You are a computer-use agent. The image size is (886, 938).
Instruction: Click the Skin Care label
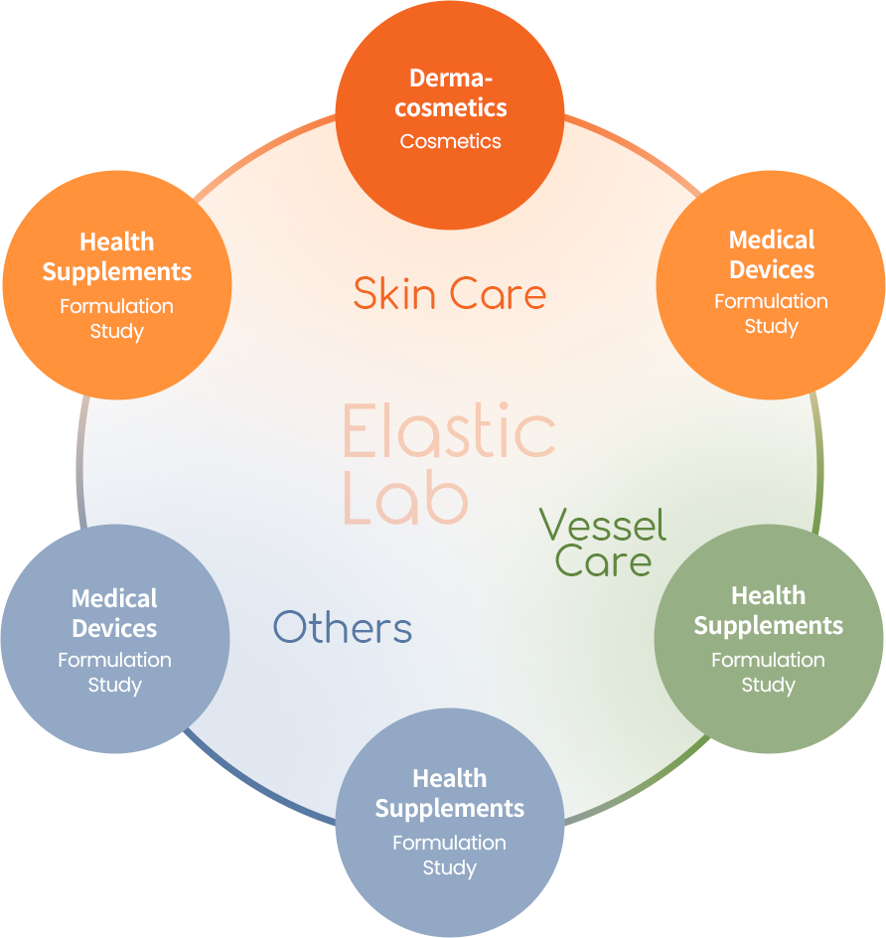pyautogui.click(x=449, y=294)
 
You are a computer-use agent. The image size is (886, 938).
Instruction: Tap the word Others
pyautogui.click(x=343, y=628)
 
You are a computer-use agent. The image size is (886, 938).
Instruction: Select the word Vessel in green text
pyautogui.click(x=602, y=525)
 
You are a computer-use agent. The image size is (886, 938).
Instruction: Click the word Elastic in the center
pyautogui.click(x=449, y=431)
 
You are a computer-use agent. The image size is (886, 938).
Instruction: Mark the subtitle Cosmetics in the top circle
pyautogui.click(x=450, y=141)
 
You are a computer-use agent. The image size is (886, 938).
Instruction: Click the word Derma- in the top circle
pyautogui.click(x=451, y=78)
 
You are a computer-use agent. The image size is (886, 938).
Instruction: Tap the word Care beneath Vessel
pyautogui.click(x=603, y=561)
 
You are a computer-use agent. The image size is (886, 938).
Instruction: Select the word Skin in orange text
pyautogui.click(x=390, y=294)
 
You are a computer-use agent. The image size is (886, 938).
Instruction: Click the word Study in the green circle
pyautogui.click(x=768, y=685)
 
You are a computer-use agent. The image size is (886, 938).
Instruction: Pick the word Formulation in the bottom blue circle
pyautogui.click(x=449, y=843)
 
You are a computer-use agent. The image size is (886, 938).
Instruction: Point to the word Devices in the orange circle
pyautogui.click(x=772, y=270)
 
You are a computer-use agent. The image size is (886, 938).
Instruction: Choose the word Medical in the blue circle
pyautogui.click(x=114, y=599)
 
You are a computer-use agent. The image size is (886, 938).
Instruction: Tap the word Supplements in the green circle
pyautogui.click(x=768, y=626)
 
